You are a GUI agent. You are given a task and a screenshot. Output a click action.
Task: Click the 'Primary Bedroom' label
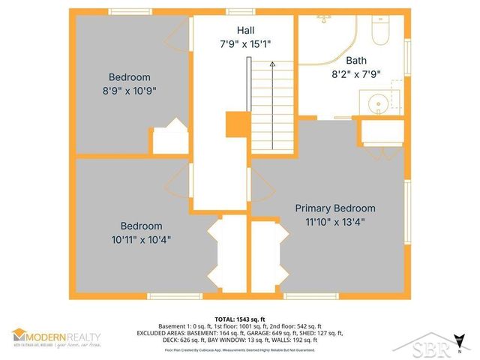[x=334, y=208]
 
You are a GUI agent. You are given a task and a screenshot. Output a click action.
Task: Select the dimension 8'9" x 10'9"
[x=129, y=90]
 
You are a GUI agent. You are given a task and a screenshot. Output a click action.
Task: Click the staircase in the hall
[x=262, y=105]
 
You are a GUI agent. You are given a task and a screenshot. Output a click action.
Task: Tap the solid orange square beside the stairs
[x=237, y=124]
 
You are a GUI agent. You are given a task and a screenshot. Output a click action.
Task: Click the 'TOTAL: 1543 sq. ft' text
[x=239, y=319]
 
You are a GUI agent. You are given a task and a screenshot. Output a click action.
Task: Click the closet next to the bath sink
[x=382, y=132]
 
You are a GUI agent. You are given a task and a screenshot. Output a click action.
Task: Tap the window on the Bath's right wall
[x=407, y=59]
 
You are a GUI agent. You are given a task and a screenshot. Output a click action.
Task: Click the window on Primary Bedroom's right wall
[x=407, y=202]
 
